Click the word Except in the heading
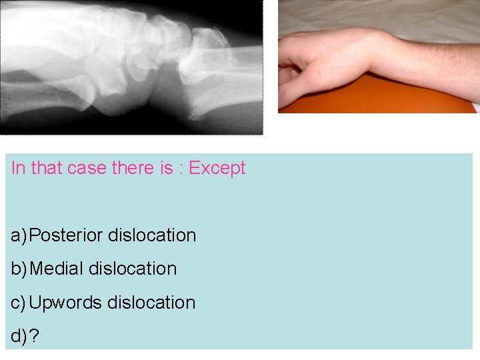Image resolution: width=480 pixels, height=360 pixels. (x=217, y=168)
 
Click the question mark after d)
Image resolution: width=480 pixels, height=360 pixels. (x=35, y=337)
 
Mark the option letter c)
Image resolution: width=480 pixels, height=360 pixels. (x=19, y=303)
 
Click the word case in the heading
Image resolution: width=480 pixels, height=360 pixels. (x=86, y=168)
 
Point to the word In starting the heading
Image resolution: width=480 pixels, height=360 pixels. (x=18, y=168)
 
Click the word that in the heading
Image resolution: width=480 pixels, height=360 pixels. (x=46, y=168)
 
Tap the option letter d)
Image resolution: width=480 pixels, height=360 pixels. (x=19, y=337)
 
